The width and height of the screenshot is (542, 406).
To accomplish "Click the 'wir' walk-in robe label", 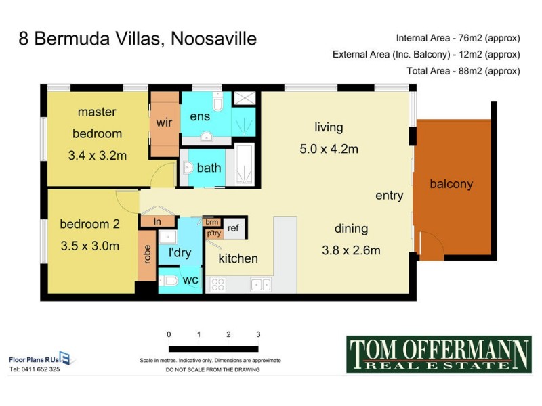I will coord(165,123).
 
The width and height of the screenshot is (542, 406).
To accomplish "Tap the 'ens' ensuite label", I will coord(199,116).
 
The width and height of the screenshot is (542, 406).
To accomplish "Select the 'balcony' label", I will coord(451,183).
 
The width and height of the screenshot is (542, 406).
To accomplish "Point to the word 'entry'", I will coord(390,196).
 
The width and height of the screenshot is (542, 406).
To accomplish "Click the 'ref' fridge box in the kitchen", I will coord(233,228).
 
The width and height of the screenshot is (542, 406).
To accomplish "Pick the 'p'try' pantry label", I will coord(213,233).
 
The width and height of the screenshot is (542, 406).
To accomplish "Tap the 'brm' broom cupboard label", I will coord(211,221).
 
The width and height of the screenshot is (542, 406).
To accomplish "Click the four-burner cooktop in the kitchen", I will coord(217,285).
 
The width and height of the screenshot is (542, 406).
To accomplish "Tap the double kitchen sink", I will coord(261,285).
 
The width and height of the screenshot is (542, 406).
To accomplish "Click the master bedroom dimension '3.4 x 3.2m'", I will coord(98,155).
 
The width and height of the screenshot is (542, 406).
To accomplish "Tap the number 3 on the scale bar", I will coord(258,334).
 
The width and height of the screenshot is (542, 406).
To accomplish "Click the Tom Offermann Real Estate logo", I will coord(438,354).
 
